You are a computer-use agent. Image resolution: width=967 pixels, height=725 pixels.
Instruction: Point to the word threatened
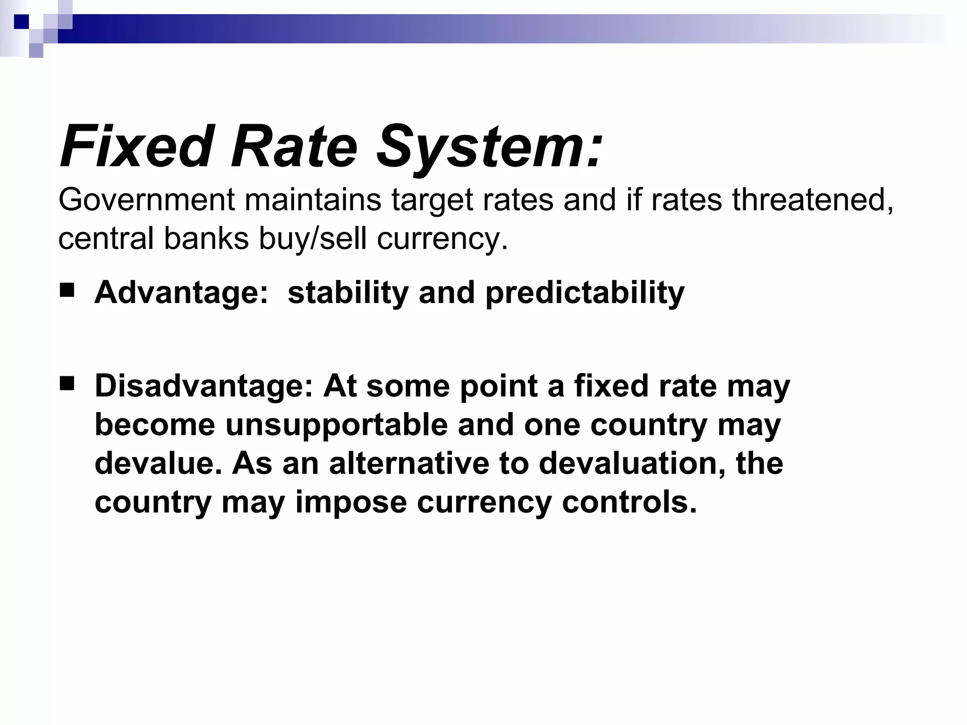tap(813, 200)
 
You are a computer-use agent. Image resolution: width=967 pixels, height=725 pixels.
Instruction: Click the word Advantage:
tap(181, 293)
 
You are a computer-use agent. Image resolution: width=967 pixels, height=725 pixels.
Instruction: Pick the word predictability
tap(585, 293)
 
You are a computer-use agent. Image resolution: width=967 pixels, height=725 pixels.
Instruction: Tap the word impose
tap(351, 502)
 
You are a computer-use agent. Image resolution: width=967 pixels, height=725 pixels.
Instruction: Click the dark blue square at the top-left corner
tap(21, 22)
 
